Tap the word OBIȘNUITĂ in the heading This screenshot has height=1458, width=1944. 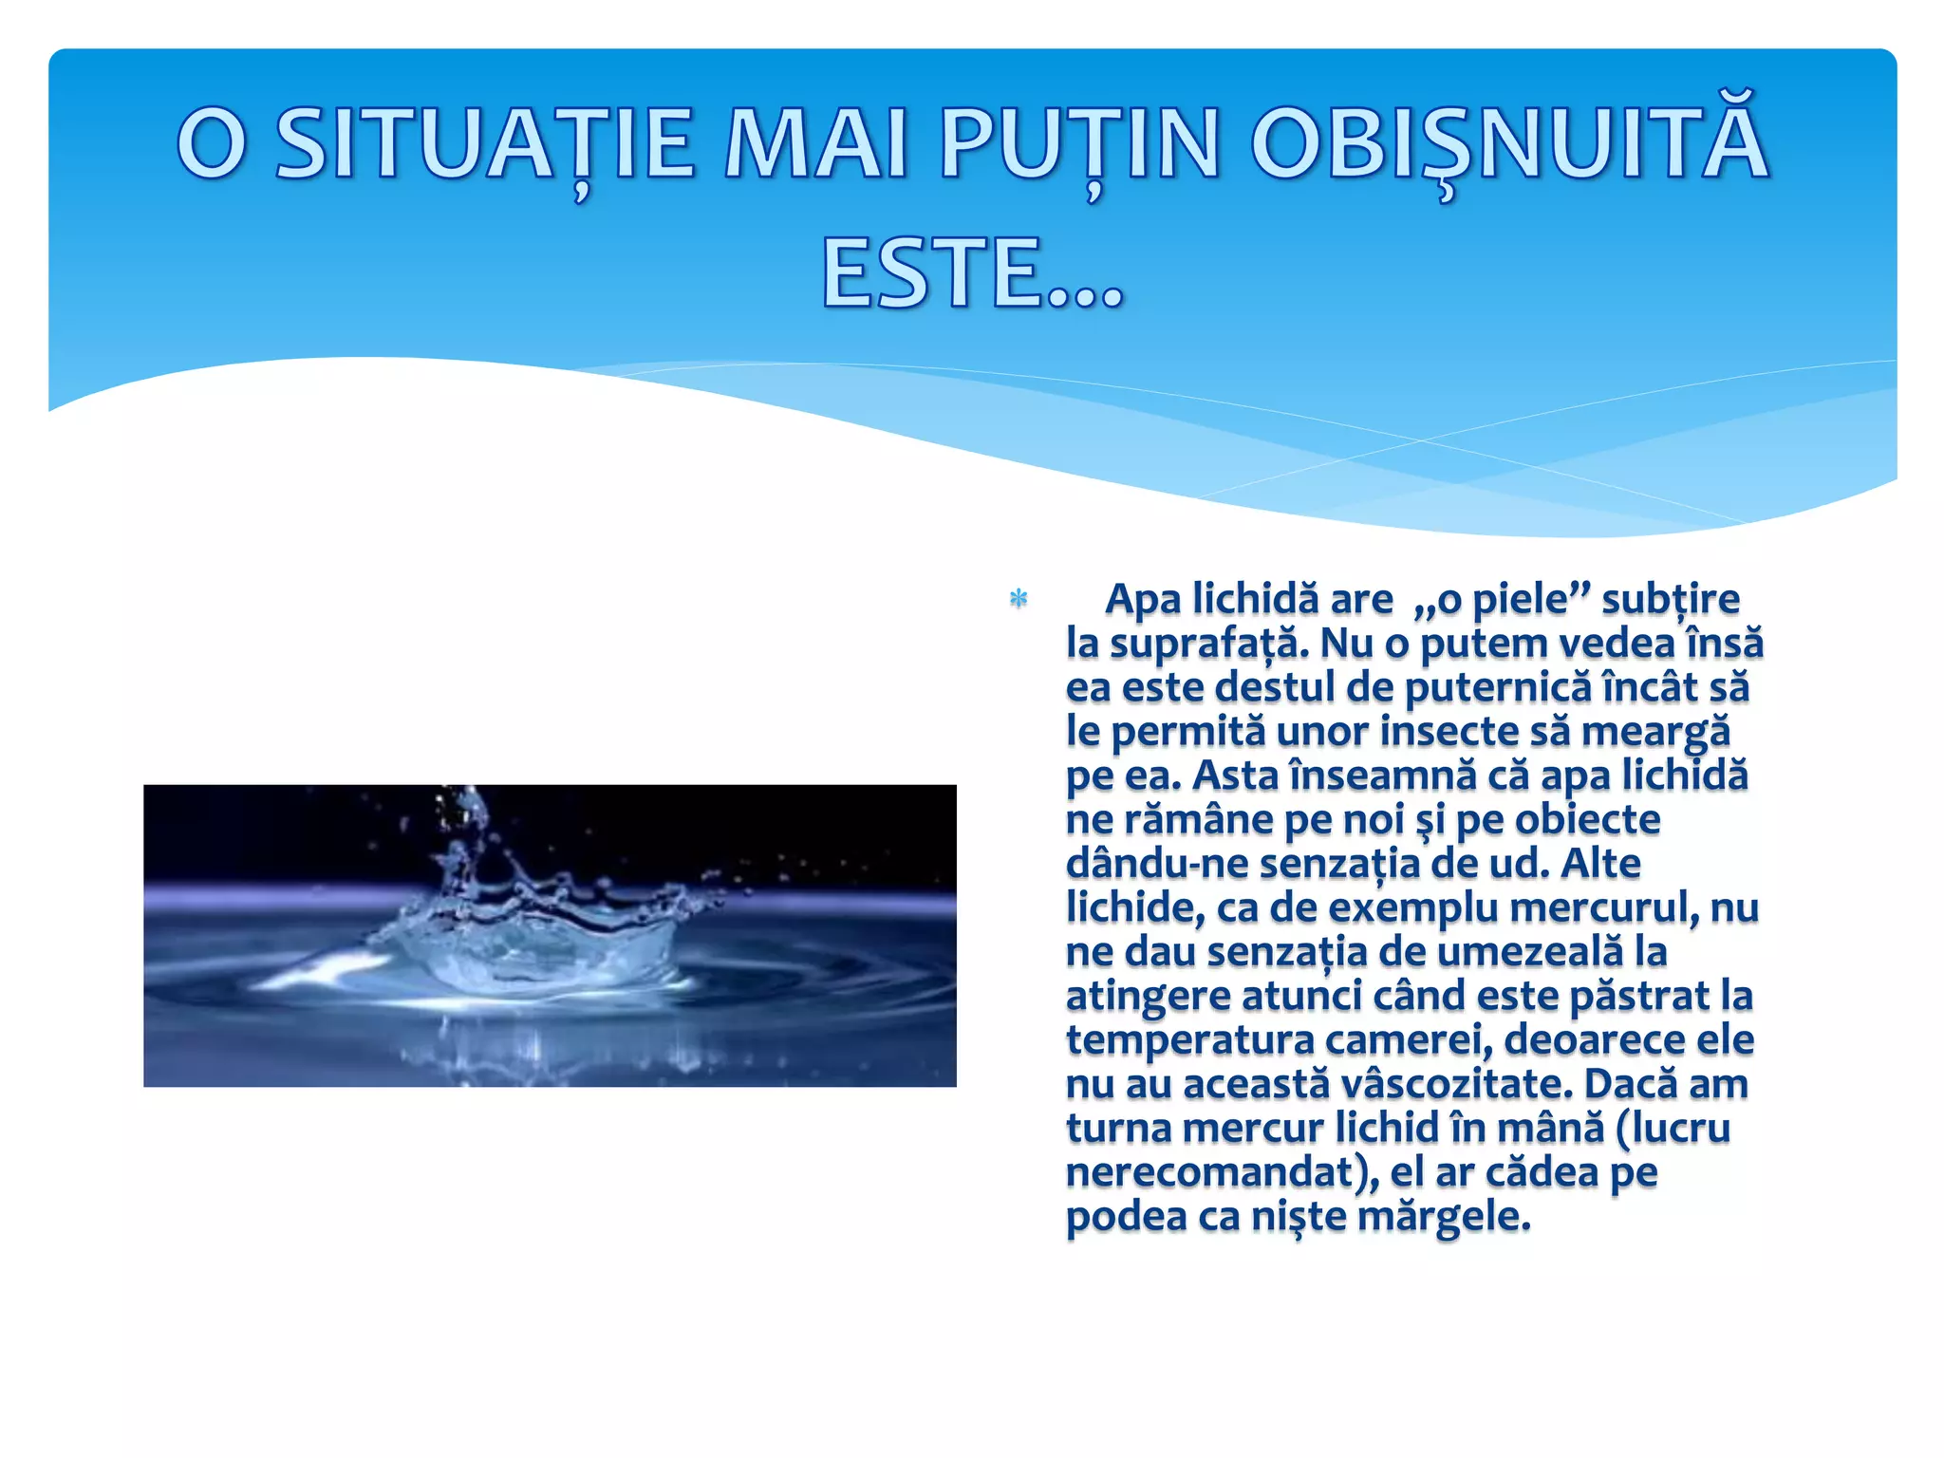tap(1509, 144)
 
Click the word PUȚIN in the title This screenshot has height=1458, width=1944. tap(1079, 144)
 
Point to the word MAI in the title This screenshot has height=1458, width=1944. tap(816, 144)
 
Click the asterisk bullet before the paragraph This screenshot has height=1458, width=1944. tap(1019, 600)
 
